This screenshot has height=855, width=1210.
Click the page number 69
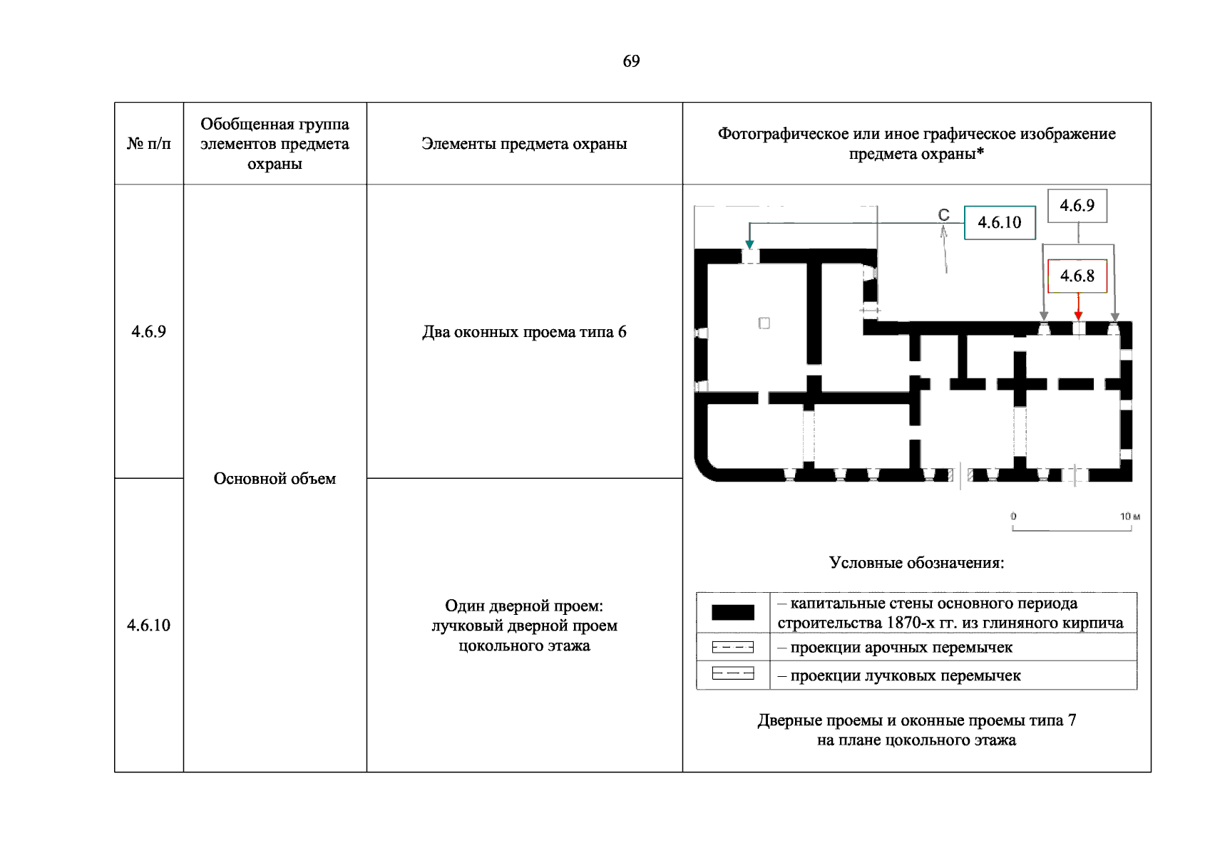631,61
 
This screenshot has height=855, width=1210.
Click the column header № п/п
149,144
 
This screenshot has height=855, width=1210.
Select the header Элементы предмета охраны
524,144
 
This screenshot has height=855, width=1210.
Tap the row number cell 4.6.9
148,331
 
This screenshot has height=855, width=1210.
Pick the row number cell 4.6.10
148,625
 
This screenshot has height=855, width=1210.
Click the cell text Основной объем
275,479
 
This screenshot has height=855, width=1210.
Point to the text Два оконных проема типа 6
524,332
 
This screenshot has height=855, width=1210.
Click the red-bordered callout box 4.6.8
1077,276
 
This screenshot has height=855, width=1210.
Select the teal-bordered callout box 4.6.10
999,222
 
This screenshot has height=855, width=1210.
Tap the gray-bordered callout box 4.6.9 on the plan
1077,206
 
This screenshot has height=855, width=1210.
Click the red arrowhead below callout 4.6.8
1078,316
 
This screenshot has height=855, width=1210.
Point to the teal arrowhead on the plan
749,244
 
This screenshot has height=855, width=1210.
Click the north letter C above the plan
943,214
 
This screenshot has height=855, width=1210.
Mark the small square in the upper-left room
764,323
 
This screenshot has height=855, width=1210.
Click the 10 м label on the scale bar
1129,517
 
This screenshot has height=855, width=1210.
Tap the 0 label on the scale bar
1013,517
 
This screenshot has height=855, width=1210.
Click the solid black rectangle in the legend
732,612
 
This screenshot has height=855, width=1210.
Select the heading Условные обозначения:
916,563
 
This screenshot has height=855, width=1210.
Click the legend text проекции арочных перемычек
901,648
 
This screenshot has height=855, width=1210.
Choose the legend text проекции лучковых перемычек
906,675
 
